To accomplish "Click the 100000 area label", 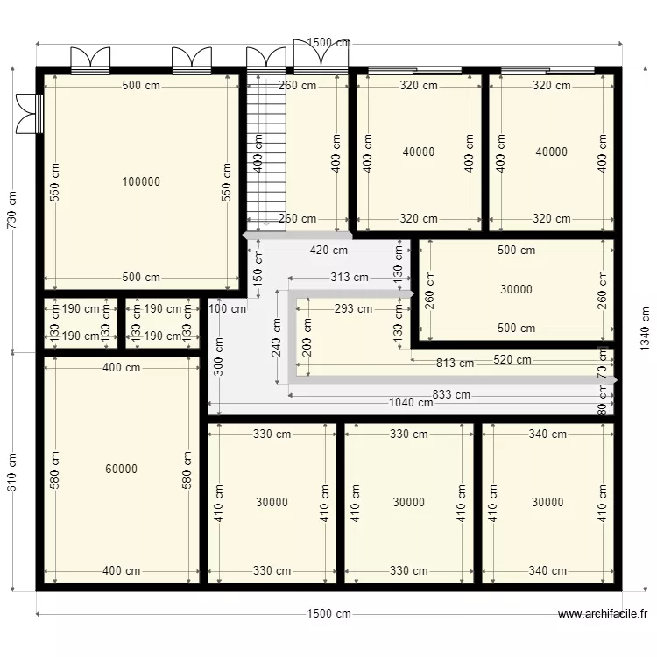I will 141,182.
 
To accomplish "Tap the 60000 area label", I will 121,470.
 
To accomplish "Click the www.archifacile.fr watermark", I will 603,615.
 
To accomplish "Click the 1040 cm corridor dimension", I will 411,403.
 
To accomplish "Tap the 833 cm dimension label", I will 450,395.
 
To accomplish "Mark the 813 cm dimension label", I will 455,363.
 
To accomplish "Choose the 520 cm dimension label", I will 512,359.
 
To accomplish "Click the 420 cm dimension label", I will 328,250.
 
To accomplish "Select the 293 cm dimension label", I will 353,308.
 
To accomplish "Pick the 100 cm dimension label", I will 228,308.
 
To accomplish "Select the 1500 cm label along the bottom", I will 328,614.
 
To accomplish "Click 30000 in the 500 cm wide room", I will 516,289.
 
